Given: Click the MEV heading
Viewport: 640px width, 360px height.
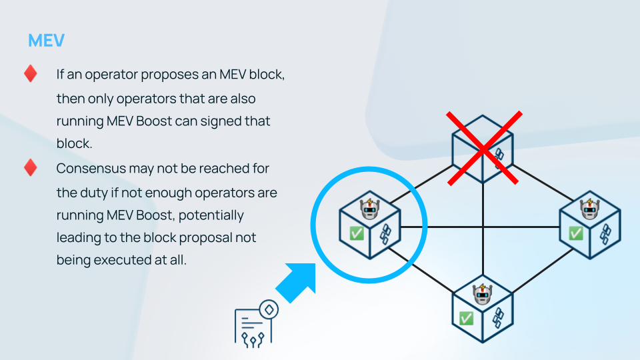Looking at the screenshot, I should tap(46, 41).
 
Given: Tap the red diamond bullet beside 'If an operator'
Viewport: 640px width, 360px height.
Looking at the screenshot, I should tap(31, 73).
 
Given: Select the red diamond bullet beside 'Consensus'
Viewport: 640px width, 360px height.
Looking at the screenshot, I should tap(31, 167).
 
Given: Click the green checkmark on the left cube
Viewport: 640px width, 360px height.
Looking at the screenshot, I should tap(356, 233).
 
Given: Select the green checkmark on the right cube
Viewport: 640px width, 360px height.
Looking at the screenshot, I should tap(575, 233).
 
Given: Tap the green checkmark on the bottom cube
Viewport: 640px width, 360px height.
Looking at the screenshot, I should tap(467, 318).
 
